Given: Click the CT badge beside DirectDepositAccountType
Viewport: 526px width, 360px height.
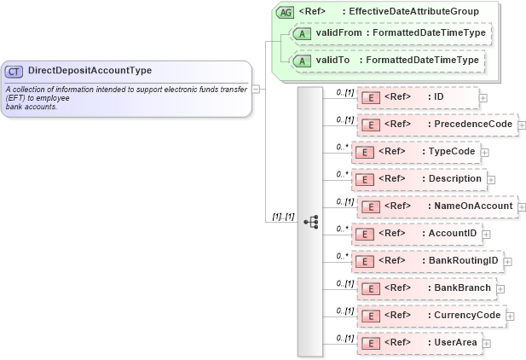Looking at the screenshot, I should [14, 71].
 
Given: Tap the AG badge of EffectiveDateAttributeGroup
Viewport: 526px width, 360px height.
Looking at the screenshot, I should [286, 12].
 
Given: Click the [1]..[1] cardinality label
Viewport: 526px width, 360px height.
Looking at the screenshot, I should [283, 217].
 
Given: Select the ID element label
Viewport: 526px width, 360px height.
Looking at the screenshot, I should [439, 96].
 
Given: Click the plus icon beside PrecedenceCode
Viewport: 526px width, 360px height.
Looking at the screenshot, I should [522, 125].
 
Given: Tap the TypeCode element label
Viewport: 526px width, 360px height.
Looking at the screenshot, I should [451, 151].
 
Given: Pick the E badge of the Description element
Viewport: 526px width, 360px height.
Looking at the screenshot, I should [364, 179].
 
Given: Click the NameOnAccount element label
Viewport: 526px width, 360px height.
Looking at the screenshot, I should [473, 206].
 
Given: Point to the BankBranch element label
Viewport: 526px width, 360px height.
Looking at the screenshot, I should [462, 287].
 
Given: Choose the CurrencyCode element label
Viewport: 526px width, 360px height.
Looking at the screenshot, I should [466, 315].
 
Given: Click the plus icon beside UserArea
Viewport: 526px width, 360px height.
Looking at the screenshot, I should [487, 343].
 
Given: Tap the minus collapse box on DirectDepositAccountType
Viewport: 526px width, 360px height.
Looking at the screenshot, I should [257, 87].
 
